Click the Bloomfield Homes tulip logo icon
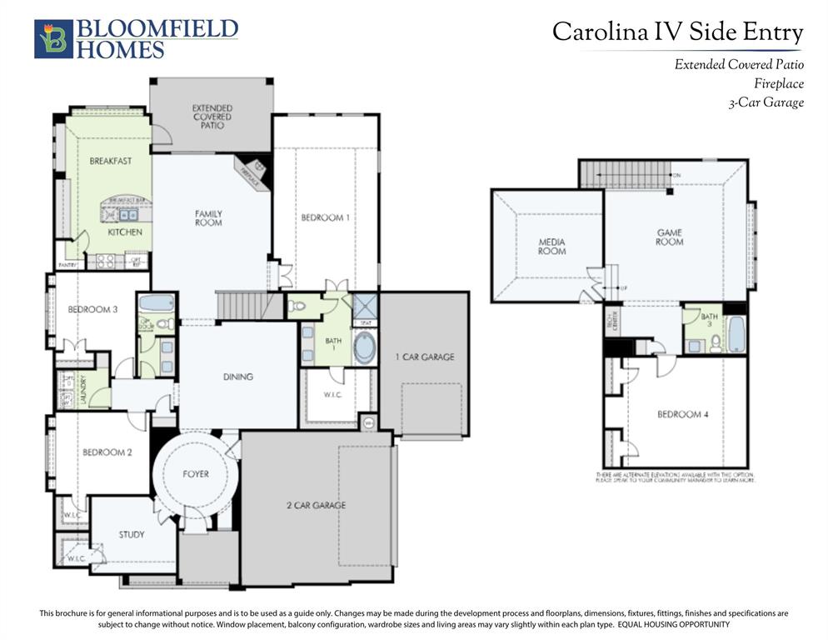53,39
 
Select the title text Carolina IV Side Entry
677,32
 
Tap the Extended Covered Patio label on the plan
212,117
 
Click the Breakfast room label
111,161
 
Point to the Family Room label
208,218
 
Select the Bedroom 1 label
325,217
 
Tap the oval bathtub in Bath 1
364,347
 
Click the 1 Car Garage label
424,357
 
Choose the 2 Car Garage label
317,505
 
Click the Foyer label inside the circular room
196,474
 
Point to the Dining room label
238,377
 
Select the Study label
131,534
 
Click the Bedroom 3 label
92,309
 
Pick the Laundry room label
82,388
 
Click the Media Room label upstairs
551,246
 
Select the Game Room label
669,237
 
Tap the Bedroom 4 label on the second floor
682,414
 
